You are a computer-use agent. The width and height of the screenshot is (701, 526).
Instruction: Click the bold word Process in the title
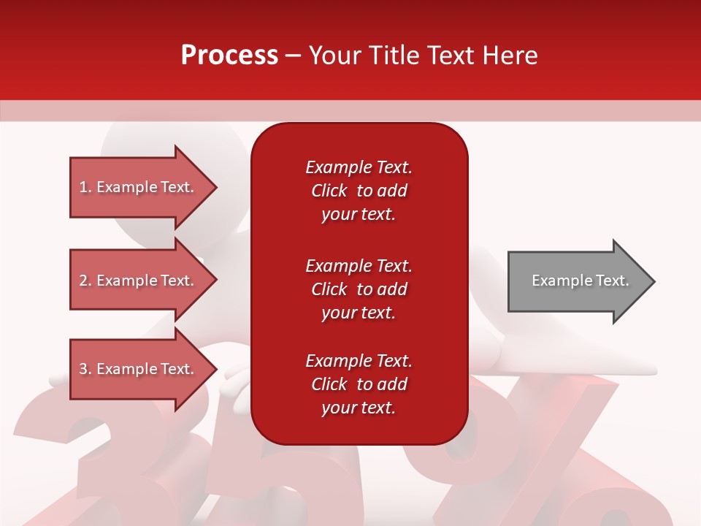229,56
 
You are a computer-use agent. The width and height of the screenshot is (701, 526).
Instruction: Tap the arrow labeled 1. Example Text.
139,187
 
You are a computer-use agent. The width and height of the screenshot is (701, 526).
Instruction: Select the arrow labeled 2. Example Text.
139,281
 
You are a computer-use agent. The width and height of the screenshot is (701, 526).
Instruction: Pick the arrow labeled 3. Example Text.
139,369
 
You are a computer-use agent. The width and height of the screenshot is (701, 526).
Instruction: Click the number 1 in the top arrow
83,187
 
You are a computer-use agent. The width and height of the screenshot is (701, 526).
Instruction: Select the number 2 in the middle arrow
83,281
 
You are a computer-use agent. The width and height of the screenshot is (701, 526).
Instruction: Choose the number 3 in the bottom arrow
83,369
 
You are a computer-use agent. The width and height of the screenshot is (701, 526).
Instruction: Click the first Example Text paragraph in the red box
359,191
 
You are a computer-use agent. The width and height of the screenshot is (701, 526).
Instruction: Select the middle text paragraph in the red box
359,289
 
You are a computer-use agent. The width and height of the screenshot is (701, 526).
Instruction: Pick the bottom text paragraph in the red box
359,384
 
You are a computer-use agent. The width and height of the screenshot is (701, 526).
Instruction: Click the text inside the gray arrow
580,281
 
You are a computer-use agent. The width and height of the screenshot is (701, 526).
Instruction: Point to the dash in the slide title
293,56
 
